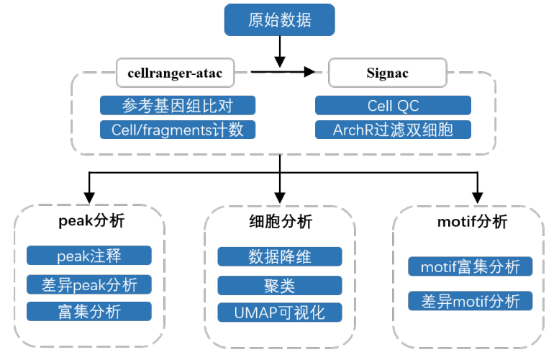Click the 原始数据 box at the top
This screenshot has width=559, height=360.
click(279, 20)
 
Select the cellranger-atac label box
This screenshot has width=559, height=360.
click(175, 73)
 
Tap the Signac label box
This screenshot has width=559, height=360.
click(388, 73)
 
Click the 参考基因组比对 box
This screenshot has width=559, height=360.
click(178, 106)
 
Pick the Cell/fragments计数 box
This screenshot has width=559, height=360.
click(178, 130)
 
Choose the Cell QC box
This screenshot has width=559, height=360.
click(393, 106)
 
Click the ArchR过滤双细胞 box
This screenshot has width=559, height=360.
click(393, 130)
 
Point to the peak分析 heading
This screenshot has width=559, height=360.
click(91, 221)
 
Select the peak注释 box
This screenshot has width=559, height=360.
click(89, 256)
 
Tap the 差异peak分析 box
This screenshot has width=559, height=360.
click(89, 284)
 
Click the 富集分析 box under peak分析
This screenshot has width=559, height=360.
click(89, 312)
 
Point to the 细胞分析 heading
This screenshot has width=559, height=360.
click(281, 222)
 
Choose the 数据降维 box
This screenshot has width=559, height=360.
click(280, 256)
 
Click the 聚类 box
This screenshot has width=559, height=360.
click(280, 285)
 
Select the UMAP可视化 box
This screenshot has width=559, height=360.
click(280, 312)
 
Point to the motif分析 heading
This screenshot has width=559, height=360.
click(472, 222)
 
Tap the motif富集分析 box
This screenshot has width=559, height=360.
click(471, 266)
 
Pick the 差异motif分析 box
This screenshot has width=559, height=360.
click(471, 301)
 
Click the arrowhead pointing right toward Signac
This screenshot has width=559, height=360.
click(309, 72)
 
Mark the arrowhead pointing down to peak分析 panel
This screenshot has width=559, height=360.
click(89, 198)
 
